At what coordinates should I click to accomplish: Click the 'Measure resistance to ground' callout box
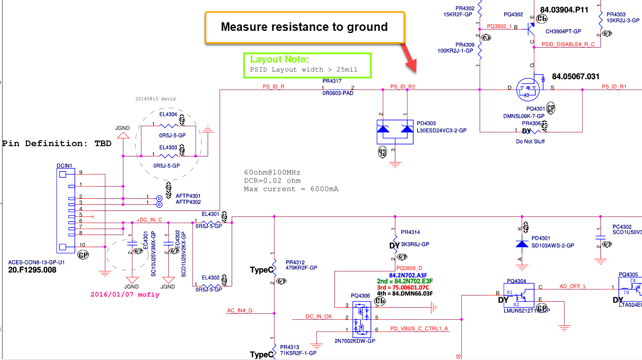[x=305, y=27]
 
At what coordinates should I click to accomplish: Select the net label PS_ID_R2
[x=403, y=87]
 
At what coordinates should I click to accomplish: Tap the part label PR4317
[x=332, y=81]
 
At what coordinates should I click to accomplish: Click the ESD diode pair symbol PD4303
[x=395, y=132]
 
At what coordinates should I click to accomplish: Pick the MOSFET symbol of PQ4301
[x=528, y=89]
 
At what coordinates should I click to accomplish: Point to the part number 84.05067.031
[x=576, y=77]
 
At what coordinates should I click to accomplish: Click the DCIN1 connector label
[x=64, y=166]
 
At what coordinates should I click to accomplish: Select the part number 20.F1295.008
[x=32, y=270]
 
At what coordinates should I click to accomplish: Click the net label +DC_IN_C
[x=149, y=220]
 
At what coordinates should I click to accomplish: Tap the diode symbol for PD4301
[x=522, y=244]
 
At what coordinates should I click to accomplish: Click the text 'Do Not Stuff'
[x=530, y=141]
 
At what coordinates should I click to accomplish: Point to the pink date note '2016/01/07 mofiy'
[x=125, y=294]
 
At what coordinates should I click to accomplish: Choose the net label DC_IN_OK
[x=319, y=317]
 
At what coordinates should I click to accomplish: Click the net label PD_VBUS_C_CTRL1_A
[x=419, y=329]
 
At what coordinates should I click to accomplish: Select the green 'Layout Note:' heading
[x=279, y=60]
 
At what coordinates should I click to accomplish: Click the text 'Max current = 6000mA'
[x=291, y=189]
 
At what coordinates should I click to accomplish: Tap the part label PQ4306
[x=360, y=296]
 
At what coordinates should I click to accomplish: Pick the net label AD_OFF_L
[x=573, y=286]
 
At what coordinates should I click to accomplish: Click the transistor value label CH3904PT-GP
[x=563, y=31]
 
